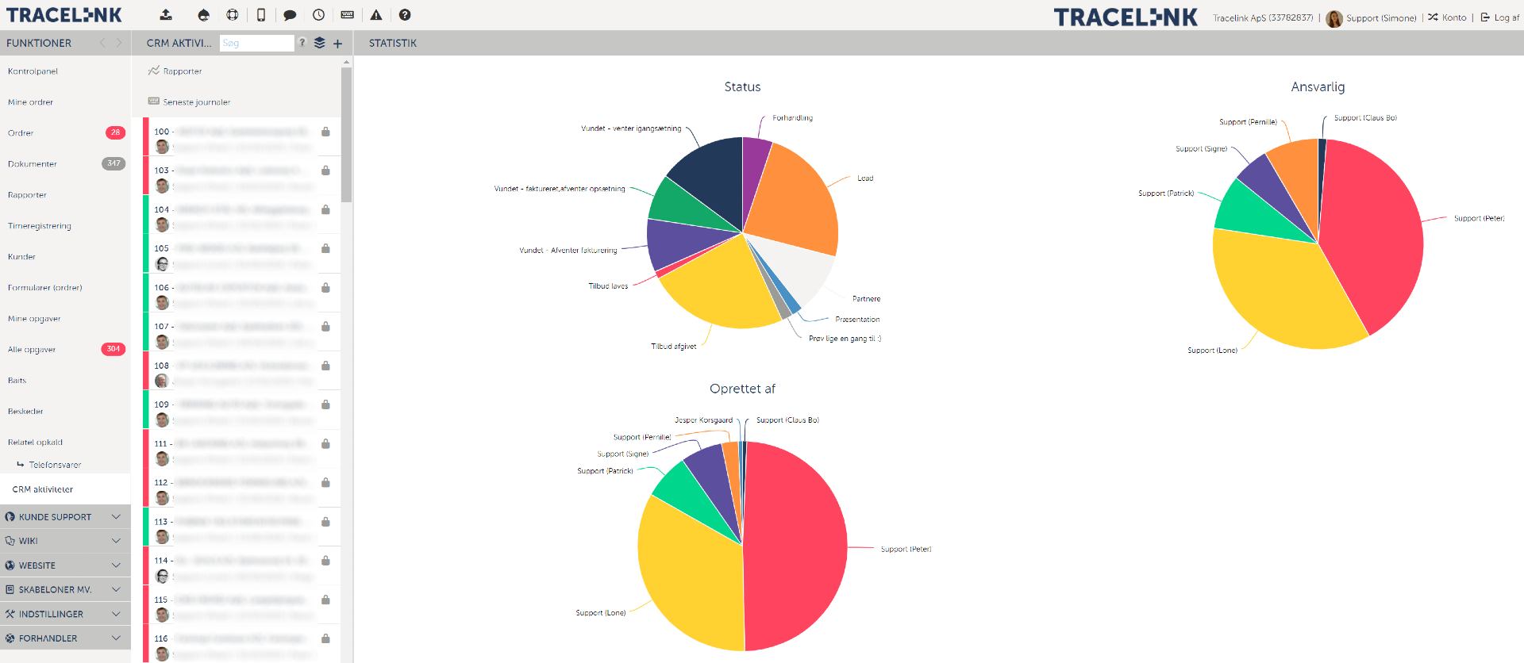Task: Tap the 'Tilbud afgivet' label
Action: (x=673, y=347)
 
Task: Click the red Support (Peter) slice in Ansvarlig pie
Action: (x=1373, y=230)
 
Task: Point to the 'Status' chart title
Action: (x=742, y=87)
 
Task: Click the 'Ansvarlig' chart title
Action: (x=1318, y=87)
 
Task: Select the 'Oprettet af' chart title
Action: (x=742, y=389)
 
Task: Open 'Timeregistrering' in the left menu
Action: (x=40, y=226)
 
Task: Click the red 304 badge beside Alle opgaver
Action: (x=114, y=349)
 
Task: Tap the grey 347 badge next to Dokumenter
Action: (x=114, y=163)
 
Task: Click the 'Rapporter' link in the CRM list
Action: (x=183, y=71)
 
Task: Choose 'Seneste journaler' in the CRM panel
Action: (x=196, y=102)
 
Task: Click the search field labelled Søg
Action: (x=256, y=44)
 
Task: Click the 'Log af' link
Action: (x=1506, y=17)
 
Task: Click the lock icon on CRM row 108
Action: (x=325, y=366)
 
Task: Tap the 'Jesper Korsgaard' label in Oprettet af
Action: (x=703, y=420)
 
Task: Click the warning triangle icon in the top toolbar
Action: (x=376, y=15)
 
